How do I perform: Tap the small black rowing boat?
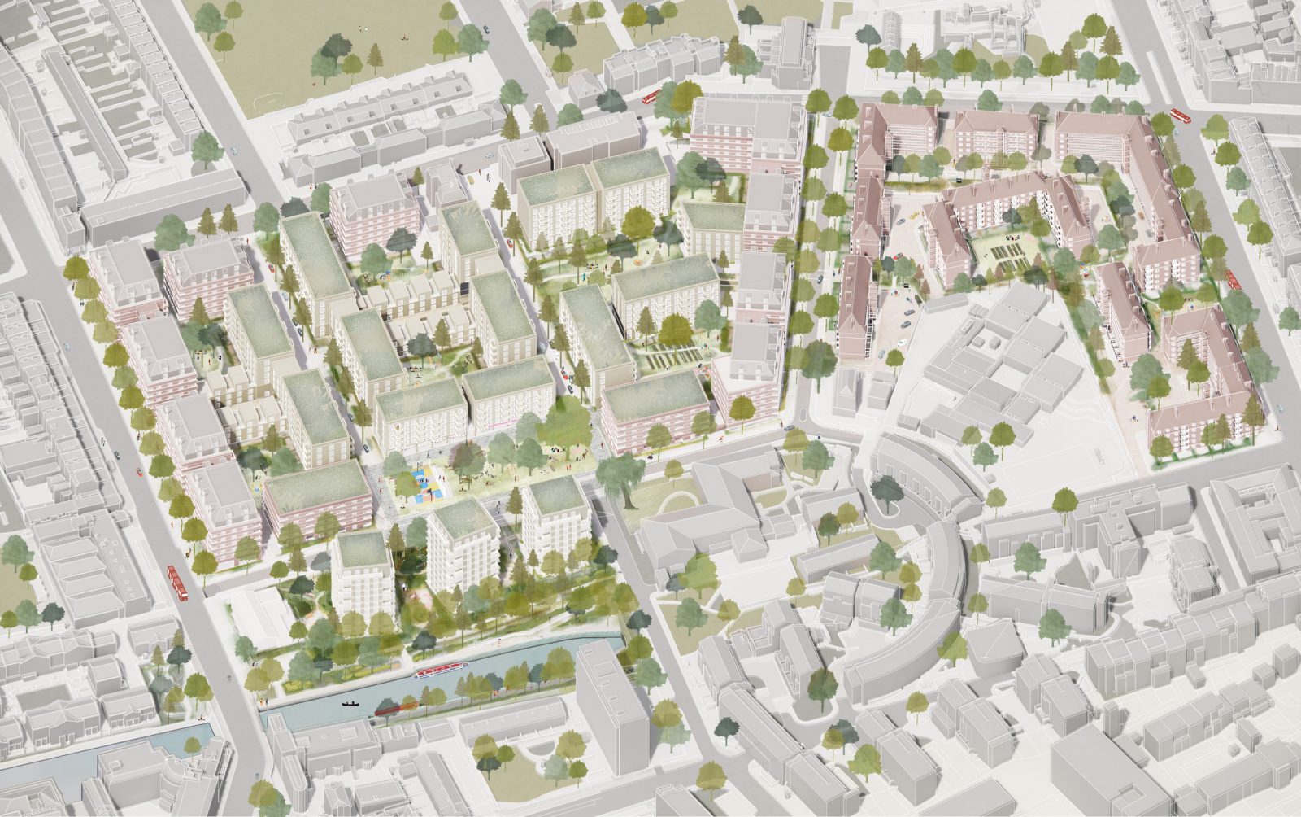tap(350, 703)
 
